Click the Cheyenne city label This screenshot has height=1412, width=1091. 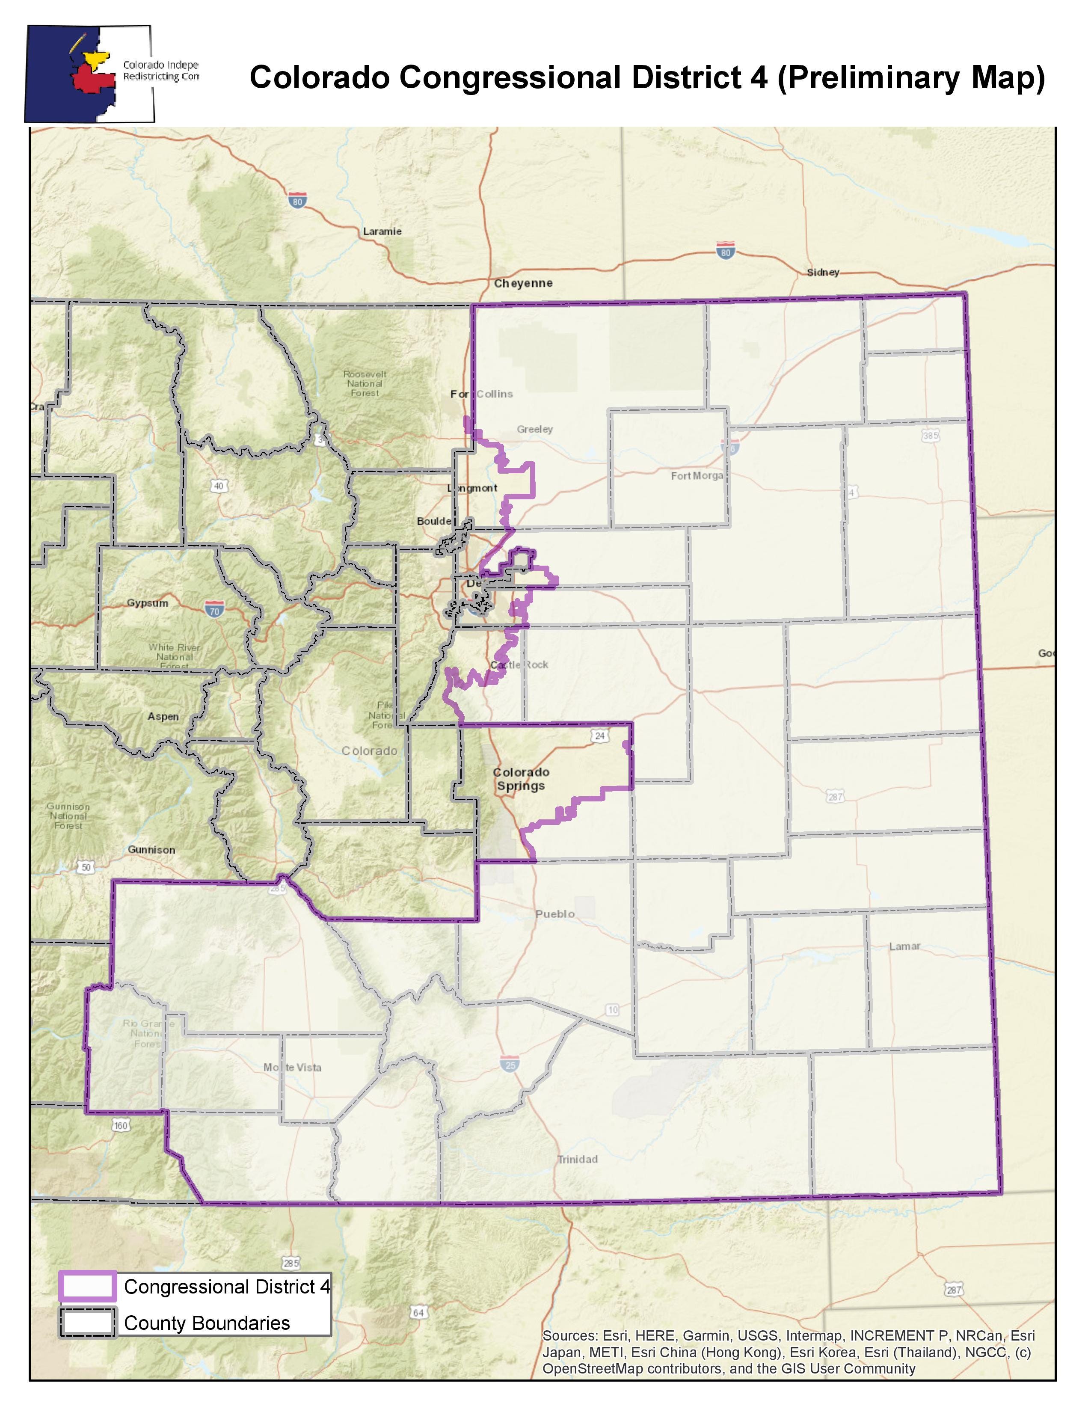523,283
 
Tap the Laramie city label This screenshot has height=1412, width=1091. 382,231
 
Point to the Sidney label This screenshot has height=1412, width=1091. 823,272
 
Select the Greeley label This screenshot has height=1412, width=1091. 534,429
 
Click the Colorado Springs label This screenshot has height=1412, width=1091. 521,779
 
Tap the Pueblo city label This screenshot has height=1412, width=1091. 554,914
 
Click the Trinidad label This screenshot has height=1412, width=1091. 577,1159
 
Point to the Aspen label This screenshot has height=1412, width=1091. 163,716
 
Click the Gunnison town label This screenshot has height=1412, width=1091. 151,849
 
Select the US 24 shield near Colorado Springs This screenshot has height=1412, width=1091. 599,736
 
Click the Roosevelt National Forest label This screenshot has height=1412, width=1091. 365,383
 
